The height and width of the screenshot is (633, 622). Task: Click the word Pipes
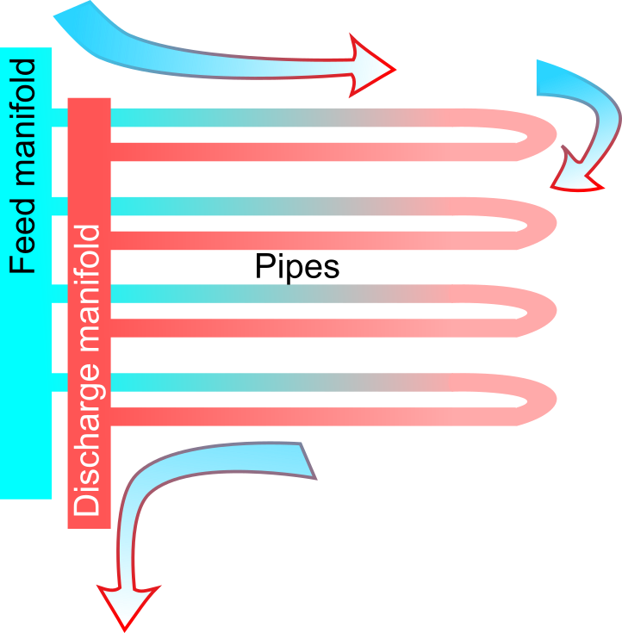point(297,266)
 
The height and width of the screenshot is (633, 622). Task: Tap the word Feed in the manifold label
point(22,236)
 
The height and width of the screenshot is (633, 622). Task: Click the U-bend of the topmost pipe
point(538,134)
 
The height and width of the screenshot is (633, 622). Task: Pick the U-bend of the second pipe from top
point(538,223)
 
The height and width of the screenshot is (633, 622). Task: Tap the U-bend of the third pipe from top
point(538,311)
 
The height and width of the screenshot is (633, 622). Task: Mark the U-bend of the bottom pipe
point(538,400)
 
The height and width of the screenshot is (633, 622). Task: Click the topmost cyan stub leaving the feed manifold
point(59,117)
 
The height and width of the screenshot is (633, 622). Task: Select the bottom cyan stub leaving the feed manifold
point(59,382)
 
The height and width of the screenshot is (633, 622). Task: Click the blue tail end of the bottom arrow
point(306,461)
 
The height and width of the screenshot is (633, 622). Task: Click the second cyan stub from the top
point(59,206)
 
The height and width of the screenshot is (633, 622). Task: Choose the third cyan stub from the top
point(59,294)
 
